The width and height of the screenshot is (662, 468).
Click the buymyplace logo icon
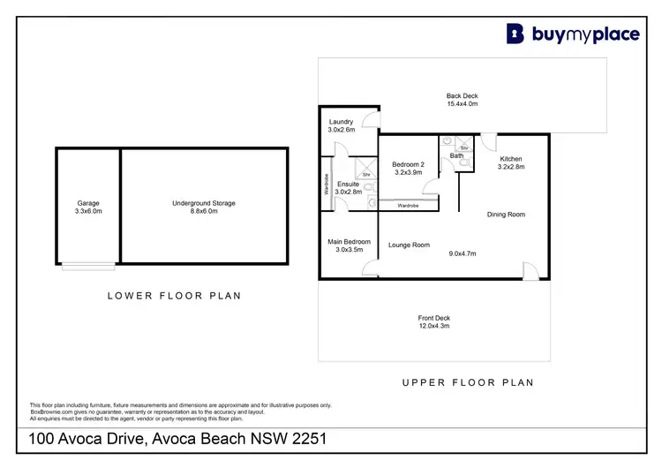pos(515,34)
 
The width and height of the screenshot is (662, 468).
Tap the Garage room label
pos(89,203)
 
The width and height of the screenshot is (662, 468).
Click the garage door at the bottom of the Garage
pos(87,266)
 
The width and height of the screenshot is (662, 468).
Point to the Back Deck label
pos(462,95)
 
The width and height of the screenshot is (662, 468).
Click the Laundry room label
pos(341,122)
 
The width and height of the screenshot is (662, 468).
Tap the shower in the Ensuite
pos(364,170)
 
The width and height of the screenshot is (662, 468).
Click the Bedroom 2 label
pos(408,164)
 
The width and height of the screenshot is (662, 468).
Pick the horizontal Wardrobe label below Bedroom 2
pos(408,205)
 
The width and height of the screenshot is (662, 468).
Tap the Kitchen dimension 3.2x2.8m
pos(511,167)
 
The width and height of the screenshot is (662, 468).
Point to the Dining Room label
pos(506,214)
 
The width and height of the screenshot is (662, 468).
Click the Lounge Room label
pos(409,245)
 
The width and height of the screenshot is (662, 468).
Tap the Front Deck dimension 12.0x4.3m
pos(433,327)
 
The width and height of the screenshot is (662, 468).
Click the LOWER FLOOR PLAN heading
pos(174,296)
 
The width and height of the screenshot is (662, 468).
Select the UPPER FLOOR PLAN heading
pos(467,382)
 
